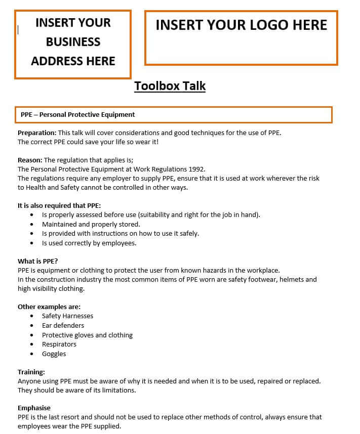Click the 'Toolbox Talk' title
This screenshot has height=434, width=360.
click(170, 86)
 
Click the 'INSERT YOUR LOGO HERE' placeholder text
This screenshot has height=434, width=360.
click(241, 25)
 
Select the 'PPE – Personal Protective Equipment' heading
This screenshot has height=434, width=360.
click(77, 115)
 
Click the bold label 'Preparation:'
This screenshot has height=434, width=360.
click(37, 133)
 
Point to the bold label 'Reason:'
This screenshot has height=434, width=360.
click(30, 160)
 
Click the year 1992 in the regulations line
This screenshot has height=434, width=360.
click(196, 169)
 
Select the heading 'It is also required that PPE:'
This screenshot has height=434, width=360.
click(59, 205)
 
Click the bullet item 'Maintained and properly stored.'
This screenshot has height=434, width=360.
click(91, 224)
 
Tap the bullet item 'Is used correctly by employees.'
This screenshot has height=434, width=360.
click(89, 243)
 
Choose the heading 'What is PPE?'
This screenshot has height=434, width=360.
click(38, 261)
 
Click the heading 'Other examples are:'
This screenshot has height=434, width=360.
click(49, 307)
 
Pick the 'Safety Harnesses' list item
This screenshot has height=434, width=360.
click(67, 316)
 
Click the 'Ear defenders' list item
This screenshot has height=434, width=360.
click(63, 325)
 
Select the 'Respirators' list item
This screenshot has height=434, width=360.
click(59, 344)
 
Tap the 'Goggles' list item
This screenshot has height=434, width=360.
click(54, 354)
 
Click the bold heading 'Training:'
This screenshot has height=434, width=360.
click(31, 372)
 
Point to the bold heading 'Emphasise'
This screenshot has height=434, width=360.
click(34, 408)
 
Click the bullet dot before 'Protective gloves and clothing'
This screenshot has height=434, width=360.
click(32, 335)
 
